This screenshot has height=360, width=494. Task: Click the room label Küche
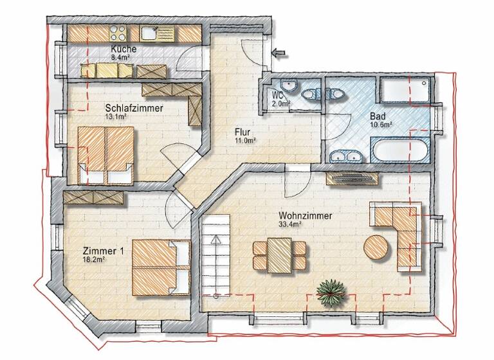click(122, 49)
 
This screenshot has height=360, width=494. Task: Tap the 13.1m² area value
click(116, 118)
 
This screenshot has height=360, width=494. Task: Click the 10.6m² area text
click(381, 125)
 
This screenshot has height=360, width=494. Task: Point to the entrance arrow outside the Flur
click(279, 53)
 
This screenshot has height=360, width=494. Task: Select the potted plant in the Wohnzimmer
click(331, 292)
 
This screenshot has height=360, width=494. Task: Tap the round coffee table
click(376, 246)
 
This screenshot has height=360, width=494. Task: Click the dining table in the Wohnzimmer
click(280, 254)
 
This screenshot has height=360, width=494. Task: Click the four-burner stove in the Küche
click(119, 32)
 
